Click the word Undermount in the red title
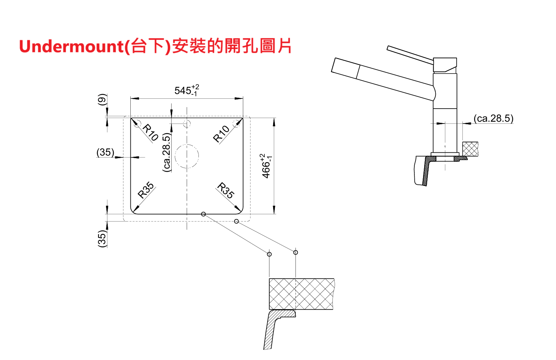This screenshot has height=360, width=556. pos(71,47)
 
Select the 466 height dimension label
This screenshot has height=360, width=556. pos(267,166)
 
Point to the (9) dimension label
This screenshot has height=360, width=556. pos(102,99)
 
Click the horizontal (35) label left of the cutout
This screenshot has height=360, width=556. pos(105,152)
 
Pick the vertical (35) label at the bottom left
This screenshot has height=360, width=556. pos(102,238)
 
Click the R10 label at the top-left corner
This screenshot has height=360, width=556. pos(150,132)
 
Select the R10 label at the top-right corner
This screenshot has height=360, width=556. pos(221,134)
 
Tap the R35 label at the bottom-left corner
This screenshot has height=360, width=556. pos(146,190)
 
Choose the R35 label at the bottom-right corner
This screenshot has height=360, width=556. pos(226,190)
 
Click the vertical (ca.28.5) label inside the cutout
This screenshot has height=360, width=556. pos(166,152)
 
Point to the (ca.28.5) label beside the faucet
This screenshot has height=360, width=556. pos(493,118)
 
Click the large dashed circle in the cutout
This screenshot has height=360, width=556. pos(187,156)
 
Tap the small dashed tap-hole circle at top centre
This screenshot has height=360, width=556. pos(187,124)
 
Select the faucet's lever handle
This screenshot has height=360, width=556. pos(410,54)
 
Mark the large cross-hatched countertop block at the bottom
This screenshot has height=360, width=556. pos(301,294)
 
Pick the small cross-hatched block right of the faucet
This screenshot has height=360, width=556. pos(470,149)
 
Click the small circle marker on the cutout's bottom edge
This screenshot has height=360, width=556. pos(203,214)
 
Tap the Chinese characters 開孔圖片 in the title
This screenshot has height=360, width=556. pos(258,46)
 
